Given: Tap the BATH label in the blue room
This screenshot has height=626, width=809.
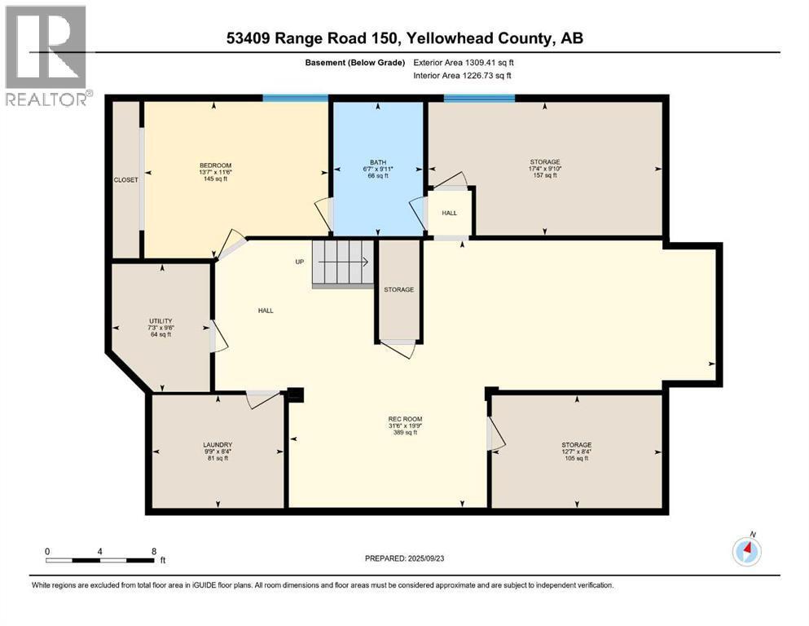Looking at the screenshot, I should pos(376,161).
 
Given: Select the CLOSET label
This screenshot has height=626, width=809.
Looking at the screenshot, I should pos(125,179).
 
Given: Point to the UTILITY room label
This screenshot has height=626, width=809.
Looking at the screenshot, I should pos(160,321).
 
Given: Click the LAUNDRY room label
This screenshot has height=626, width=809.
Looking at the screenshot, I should pos(218,445).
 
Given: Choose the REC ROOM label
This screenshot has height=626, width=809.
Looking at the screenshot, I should pos(404,420).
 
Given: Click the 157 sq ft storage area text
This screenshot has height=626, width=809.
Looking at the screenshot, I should pos(544,175).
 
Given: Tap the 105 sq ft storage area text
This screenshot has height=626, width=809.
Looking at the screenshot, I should pos(576,459).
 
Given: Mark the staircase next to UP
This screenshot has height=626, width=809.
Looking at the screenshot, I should pos(343,262).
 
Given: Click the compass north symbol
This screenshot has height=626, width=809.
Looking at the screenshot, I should pos(746,552).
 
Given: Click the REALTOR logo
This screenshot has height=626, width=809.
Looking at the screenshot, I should pos(46,56).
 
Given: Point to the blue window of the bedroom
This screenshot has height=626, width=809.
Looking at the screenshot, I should pos(295,98).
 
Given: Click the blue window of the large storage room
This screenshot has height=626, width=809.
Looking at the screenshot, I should pos(479,98).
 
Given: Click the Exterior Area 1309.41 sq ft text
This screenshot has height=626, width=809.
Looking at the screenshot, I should pos(464,62).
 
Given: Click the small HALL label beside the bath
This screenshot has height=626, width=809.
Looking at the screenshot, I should pos(450,213).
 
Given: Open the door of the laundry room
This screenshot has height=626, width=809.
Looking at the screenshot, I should pos(262,399).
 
